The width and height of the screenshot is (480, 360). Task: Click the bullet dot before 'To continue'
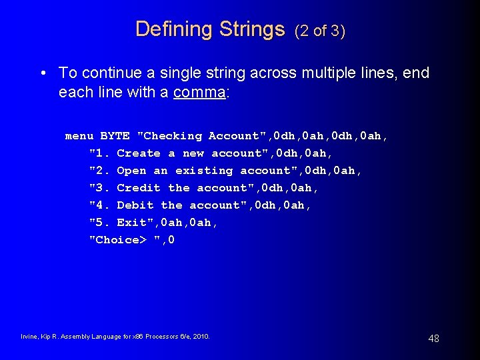click(43, 73)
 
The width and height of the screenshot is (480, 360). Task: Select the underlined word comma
click(199, 91)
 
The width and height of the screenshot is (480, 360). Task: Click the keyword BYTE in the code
click(115, 136)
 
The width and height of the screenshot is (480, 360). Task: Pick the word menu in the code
click(79, 136)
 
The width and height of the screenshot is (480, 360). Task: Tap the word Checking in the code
click(172, 136)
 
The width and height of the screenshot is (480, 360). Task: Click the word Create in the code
click(139, 153)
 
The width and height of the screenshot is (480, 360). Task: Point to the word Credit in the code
click(139, 188)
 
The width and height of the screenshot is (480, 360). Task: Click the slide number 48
click(433, 339)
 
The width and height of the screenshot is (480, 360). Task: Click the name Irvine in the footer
click(30, 337)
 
